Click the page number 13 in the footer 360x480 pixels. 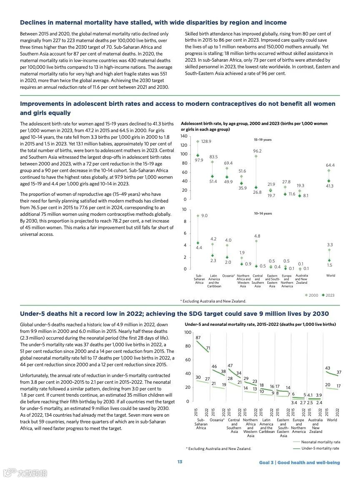point(180,462)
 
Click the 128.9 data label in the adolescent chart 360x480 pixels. point(206,142)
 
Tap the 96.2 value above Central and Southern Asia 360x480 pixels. point(257,151)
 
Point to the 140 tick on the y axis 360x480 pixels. point(183,136)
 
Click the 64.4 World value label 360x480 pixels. point(330,165)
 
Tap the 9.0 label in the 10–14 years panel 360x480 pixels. point(204,216)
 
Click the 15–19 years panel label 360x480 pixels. point(263,140)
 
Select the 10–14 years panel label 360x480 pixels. point(263,213)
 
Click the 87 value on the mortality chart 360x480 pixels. point(198,337)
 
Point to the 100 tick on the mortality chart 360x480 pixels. point(187,332)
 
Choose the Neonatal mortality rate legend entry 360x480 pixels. point(320,442)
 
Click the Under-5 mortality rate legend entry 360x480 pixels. point(320,448)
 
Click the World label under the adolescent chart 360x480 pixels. point(330,275)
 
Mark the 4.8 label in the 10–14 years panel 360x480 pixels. point(257,236)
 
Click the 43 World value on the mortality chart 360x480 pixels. point(327,368)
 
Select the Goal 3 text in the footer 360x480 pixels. point(266,462)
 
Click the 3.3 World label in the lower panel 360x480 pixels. point(330,245)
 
